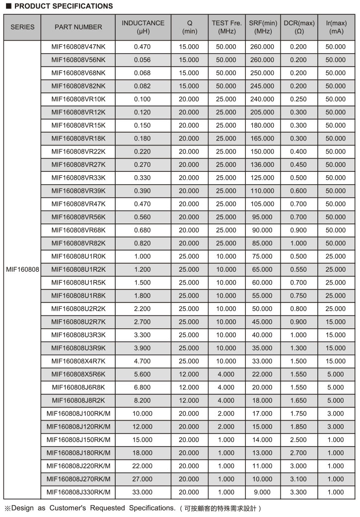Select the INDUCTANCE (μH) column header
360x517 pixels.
tap(143, 27)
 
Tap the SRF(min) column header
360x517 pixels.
tap(263, 27)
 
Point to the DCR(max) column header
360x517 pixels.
tap(299, 27)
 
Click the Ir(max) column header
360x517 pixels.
tap(336, 27)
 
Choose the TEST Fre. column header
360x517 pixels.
tap(226, 27)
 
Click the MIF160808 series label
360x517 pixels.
tap(22, 270)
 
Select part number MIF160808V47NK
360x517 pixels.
tap(78, 47)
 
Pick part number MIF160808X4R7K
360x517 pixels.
tap(78, 361)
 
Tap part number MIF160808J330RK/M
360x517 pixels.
tap(78, 492)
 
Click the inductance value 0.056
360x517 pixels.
tap(143, 60)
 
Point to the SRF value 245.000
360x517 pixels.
tap(263, 86)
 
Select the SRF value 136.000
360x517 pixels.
tap(263, 164)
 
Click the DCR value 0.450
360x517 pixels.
tap(299, 164)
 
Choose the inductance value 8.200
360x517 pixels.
tap(143, 400)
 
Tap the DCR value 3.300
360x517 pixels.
tap(299, 492)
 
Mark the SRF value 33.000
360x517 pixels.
tap(263, 361)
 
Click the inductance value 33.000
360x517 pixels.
tap(143, 492)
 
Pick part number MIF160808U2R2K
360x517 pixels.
tap(78, 308)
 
